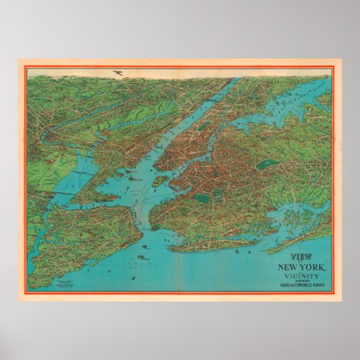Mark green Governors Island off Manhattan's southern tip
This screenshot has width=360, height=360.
pos(159,181)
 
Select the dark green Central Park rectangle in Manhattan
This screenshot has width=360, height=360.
pos(203,125)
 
